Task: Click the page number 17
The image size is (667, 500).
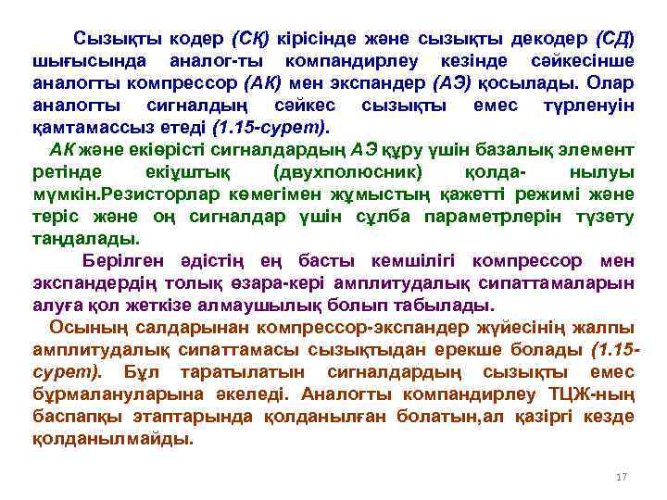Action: pyautogui.click(x=622, y=476)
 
